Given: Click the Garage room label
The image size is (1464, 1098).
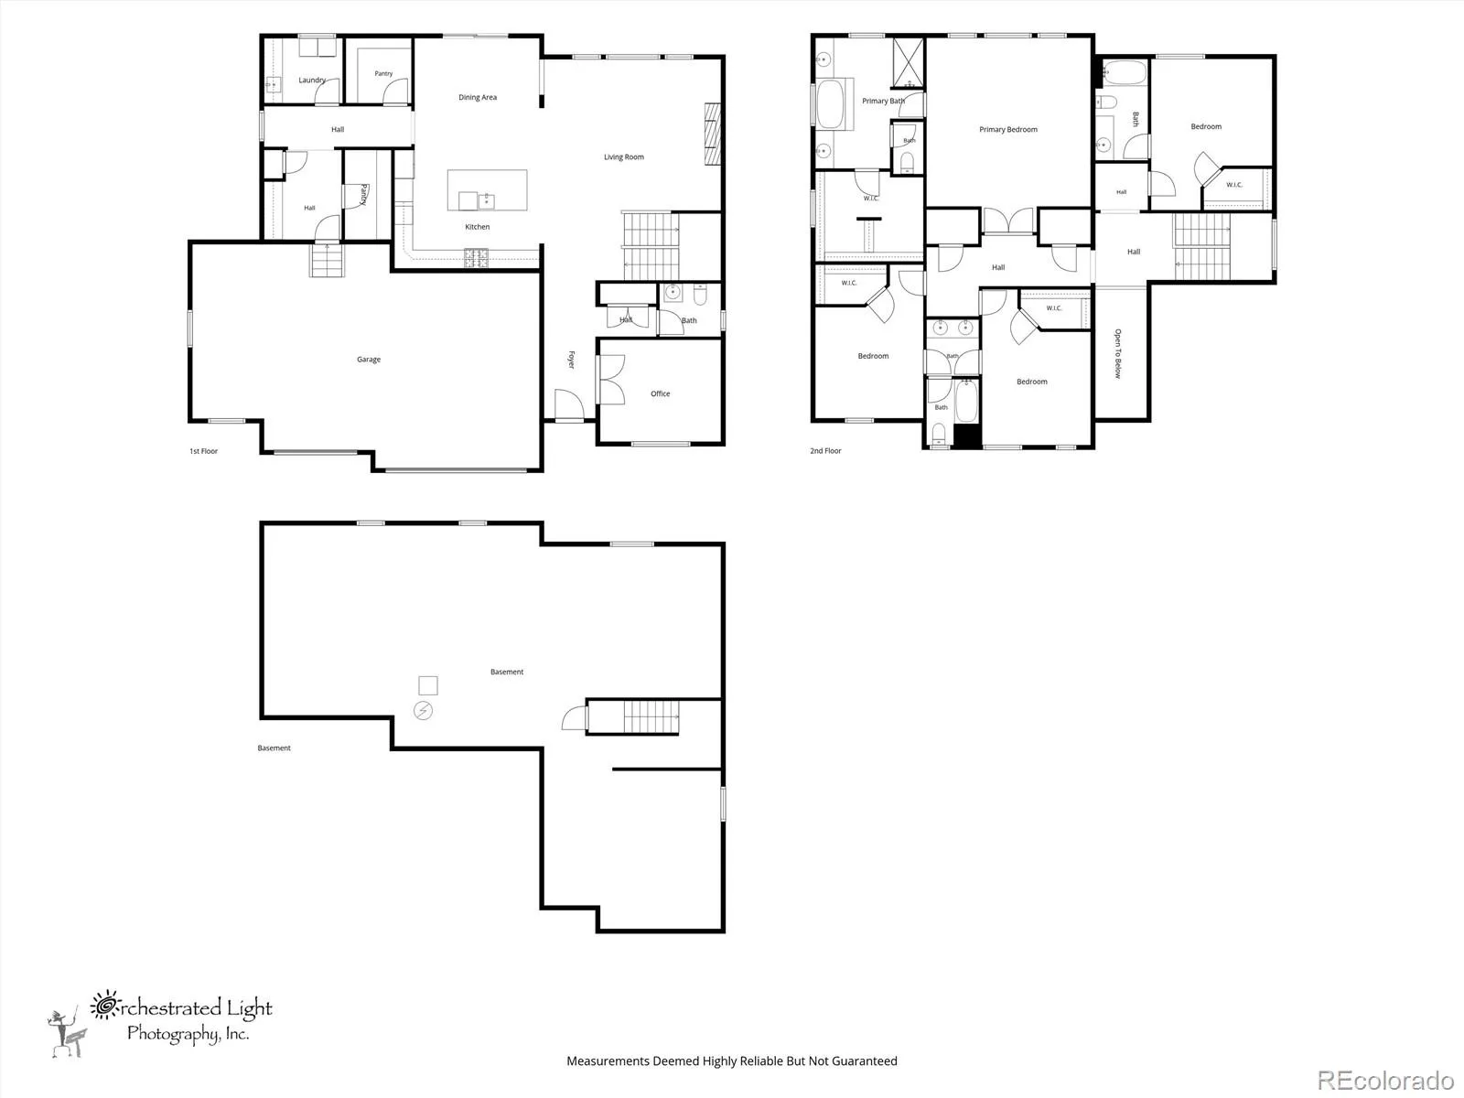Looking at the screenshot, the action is click(369, 360).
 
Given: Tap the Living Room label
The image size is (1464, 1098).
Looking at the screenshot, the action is click(624, 156).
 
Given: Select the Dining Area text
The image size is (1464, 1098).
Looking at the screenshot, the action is click(478, 97).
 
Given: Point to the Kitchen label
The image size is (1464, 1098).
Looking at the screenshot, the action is click(477, 227).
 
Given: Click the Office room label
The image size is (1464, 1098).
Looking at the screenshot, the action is click(661, 393).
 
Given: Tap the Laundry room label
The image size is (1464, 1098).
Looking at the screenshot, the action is click(312, 80).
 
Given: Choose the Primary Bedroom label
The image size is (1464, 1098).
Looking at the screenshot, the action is click(1007, 129).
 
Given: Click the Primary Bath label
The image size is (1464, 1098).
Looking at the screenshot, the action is click(883, 101).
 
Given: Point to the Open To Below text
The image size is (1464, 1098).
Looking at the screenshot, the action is click(1118, 353).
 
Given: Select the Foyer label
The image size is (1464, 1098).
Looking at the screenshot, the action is click(571, 360).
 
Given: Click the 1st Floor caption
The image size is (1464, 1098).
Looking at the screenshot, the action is click(203, 451).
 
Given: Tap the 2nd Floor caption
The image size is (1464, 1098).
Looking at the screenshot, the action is click(825, 451).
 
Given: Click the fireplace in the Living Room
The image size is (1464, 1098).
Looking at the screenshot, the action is click(713, 134).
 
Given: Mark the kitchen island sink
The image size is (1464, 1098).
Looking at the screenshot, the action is click(476, 200).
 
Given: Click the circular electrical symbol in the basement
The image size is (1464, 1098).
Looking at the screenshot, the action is click(423, 711).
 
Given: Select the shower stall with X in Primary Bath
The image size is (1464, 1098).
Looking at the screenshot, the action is click(909, 62).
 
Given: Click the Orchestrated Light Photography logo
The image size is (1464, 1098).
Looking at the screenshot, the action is click(160, 1023).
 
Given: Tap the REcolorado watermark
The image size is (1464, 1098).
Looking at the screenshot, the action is click(1385, 1080).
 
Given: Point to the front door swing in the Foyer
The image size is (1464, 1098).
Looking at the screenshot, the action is click(570, 404).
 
